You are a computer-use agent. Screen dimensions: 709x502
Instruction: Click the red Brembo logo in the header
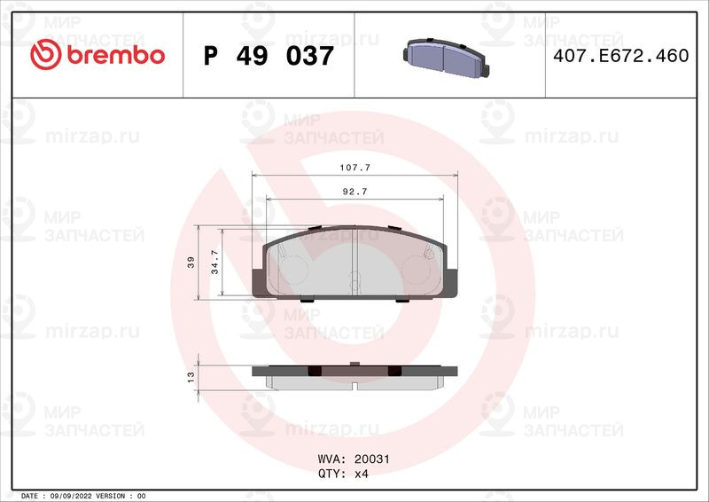pyautogui.click(x=97, y=55)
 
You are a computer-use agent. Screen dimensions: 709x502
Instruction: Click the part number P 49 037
pyautogui.click(x=269, y=56)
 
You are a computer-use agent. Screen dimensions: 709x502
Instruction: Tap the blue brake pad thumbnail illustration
pyautogui.click(x=446, y=56)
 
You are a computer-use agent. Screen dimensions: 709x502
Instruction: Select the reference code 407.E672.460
pyautogui.click(x=621, y=56)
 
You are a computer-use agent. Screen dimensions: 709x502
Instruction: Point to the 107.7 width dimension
pyautogui.click(x=355, y=168)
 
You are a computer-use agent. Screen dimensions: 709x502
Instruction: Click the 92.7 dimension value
pyautogui.click(x=355, y=192)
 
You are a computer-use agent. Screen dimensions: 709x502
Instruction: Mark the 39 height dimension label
pyautogui.click(x=191, y=263)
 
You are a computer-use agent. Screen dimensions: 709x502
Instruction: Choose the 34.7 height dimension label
pyautogui.click(x=214, y=263)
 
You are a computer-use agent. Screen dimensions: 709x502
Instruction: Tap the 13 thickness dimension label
pyautogui.click(x=191, y=377)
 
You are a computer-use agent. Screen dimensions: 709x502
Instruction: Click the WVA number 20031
pyautogui.click(x=371, y=459)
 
